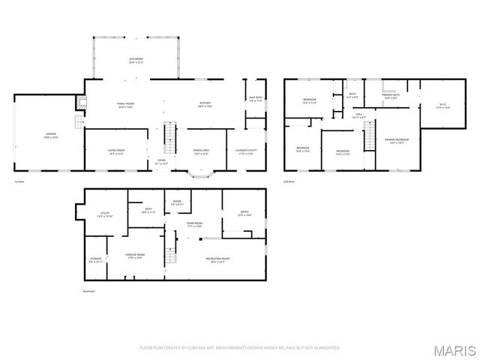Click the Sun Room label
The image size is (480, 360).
136,60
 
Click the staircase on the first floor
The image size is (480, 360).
169,139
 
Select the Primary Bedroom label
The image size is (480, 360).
397,140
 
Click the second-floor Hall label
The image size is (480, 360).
358,115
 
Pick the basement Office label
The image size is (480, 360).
244,214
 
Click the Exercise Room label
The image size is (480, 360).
134,256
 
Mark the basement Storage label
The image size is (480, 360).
96,259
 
